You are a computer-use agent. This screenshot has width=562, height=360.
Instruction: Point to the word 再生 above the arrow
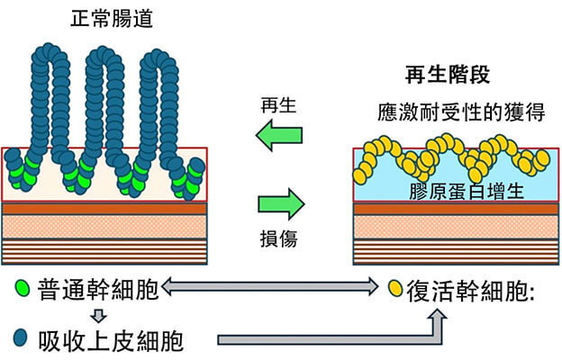[279, 104]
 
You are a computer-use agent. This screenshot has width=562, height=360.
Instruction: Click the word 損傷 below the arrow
[278, 238]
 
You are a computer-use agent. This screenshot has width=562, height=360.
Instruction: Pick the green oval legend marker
[22, 290]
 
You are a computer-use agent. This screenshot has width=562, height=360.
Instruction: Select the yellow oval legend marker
[394, 290]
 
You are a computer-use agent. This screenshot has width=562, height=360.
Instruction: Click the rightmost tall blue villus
[166, 99]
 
